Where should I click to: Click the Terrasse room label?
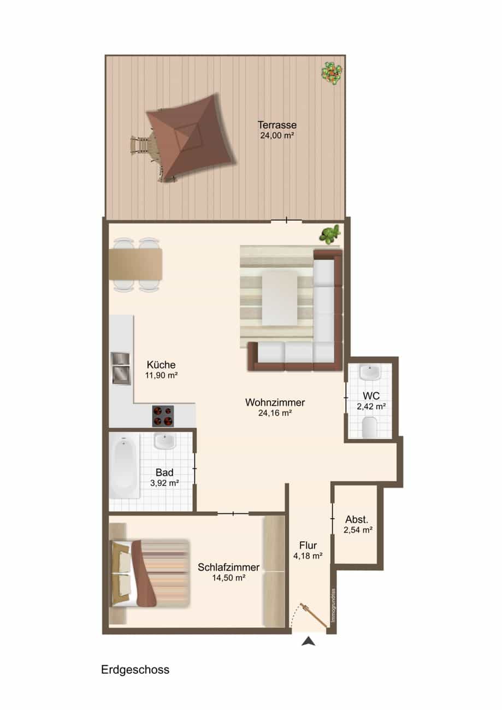pyautogui.click(x=277, y=125)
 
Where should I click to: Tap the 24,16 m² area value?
pyautogui.click(x=275, y=413)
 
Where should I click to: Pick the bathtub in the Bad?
pyautogui.click(x=124, y=466)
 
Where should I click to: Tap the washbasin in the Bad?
pyautogui.click(x=165, y=441)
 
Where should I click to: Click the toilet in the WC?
pyautogui.click(x=369, y=428)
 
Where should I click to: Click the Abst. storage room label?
pyautogui.click(x=357, y=519)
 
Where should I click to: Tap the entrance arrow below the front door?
pyautogui.click(x=308, y=642)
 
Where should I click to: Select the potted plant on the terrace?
pyautogui.click(x=332, y=73)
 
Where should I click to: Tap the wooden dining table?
pyautogui.click(x=135, y=264)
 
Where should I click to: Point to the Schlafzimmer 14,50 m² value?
pyautogui.click(x=228, y=578)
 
